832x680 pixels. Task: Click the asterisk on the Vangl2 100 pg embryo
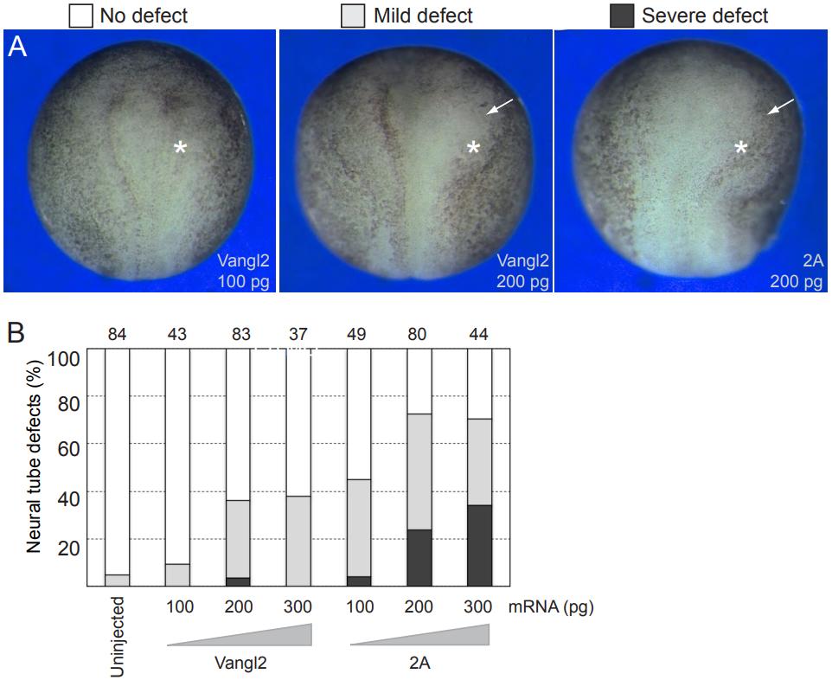[180, 149]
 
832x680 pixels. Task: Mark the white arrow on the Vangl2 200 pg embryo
[498, 106]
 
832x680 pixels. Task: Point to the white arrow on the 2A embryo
[780, 106]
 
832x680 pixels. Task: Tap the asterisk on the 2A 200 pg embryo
[741, 149]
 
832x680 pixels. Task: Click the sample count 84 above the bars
[118, 335]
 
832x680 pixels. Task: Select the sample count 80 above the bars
[419, 335]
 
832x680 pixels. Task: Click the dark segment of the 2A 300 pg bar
[480, 545]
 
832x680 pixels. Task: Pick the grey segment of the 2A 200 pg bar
[419, 472]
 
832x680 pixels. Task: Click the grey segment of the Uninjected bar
[118, 581]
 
